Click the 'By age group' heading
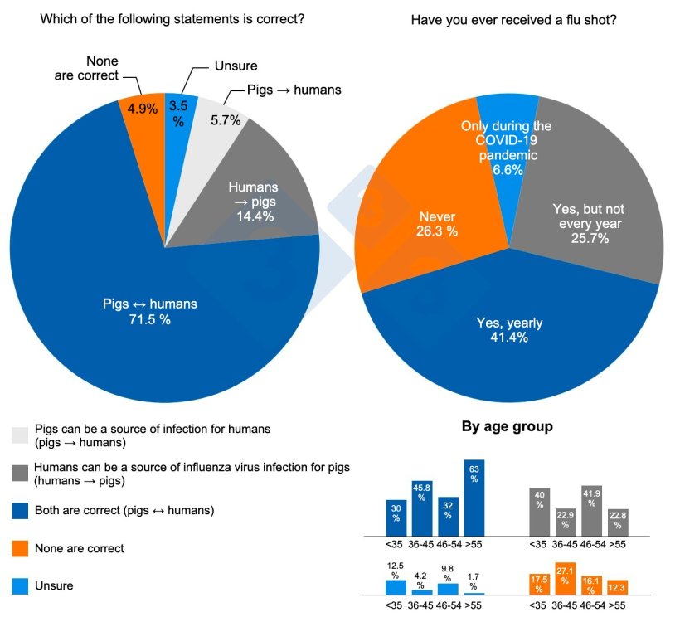(507, 427)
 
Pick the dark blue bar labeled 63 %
(474, 496)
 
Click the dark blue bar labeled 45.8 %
(422, 507)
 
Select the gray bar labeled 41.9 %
(592, 508)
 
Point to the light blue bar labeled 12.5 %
(396, 586)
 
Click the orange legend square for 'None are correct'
(20, 548)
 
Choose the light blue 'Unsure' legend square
(20, 585)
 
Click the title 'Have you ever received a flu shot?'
(513, 19)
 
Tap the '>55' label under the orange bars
(618, 605)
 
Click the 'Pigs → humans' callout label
(294, 90)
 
